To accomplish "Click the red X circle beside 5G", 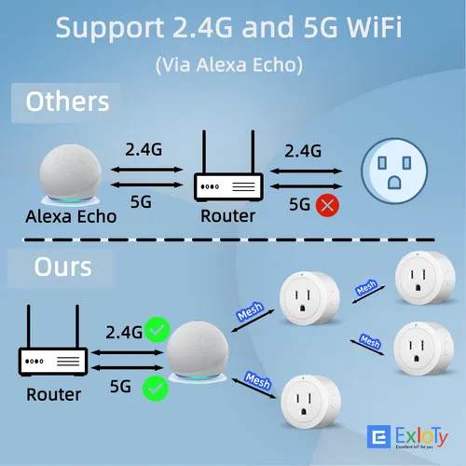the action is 327,205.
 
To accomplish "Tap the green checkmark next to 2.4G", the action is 158,330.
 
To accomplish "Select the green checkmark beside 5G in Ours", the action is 156,389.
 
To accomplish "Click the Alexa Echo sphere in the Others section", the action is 71,174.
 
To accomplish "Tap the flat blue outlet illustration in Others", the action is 394,171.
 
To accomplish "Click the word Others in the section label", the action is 67,102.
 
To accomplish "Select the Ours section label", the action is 62,267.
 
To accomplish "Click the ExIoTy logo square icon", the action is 378,437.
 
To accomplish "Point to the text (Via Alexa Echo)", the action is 229,65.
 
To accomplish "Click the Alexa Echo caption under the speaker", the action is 71,216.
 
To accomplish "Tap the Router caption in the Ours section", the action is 54,394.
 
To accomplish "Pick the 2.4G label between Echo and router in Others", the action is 144,149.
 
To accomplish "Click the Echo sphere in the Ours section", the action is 198,351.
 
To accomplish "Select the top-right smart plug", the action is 425,278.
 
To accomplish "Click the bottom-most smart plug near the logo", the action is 310,402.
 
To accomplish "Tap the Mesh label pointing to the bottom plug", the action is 257,380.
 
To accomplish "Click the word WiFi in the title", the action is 374,27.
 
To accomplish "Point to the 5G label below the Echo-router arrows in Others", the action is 141,202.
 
